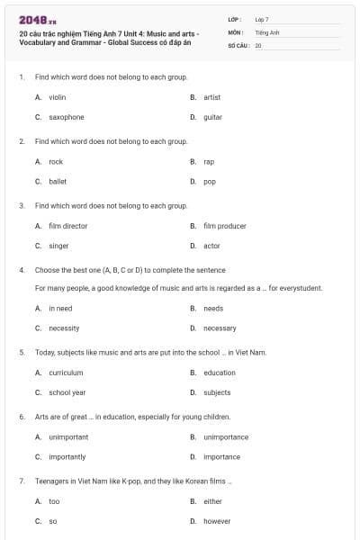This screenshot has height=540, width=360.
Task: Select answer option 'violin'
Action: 57,97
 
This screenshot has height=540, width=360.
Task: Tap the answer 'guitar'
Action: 212,117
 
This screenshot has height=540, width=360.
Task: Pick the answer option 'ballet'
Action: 58,181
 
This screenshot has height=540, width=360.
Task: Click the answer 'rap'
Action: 209,162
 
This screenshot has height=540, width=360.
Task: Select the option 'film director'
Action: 67,226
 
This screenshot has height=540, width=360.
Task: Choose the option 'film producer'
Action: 224,226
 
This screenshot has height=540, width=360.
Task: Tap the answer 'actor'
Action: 211,246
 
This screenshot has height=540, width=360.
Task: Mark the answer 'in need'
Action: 60,308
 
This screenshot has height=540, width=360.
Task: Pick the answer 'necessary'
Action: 220,328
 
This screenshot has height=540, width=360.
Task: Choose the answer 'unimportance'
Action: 226,437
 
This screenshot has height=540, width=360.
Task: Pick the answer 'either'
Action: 211,501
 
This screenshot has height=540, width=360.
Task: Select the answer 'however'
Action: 217,521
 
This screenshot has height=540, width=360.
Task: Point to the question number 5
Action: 21,353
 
